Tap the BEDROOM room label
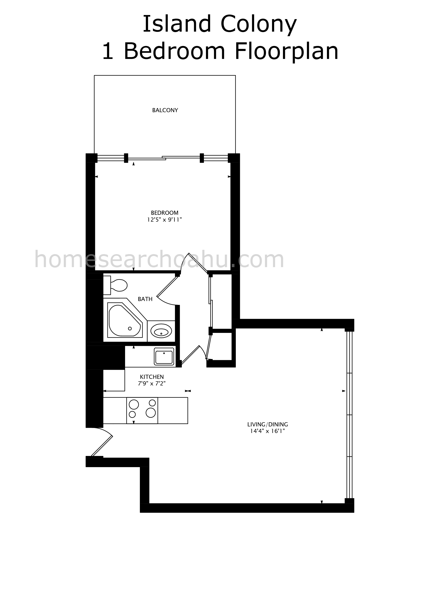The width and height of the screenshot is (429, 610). click(x=165, y=213)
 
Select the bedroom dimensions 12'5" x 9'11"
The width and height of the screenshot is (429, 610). click(x=165, y=220)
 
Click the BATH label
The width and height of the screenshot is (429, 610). click(x=145, y=299)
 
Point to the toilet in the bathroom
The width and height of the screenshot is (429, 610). click(x=115, y=285)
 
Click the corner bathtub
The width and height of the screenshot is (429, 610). click(x=125, y=320)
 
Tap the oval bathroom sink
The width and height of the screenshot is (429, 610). click(x=161, y=331)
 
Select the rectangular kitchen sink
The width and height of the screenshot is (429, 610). click(x=164, y=357)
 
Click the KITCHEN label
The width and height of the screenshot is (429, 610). click(x=152, y=377)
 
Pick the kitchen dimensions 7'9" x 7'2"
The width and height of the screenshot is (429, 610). click(x=152, y=383)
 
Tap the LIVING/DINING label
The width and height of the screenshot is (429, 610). click(x=267, y=425)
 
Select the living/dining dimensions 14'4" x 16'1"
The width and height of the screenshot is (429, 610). click(x=267, y=431)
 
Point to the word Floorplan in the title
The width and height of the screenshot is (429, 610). click(x=287, y=51)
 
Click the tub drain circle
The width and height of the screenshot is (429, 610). click(x=130, y=329)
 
